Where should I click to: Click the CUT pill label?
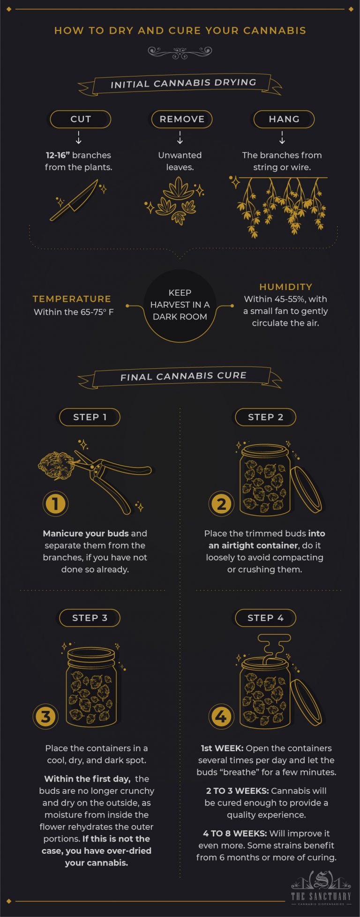[80, 119]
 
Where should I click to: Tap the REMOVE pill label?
[182, 119]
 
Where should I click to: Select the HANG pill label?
[284, 119]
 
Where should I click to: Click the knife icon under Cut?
[75, 200]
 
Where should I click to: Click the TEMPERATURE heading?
[72, 299]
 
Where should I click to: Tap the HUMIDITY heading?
[285, 287]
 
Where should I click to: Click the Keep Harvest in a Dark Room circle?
[180, 305]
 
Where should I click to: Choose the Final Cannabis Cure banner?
[183, 376]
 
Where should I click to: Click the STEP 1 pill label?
[90, 417]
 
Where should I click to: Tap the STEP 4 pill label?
[265, 618]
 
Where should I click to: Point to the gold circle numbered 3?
[45, 716]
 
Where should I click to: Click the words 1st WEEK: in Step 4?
[222, 748]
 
